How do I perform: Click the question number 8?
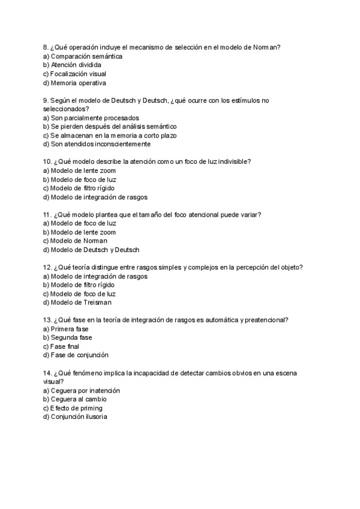(x=46, y=47)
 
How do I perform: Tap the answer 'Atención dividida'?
(x=76, y=65)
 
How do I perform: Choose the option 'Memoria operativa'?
(x=78, y=83)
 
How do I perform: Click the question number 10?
(x=48, y=162)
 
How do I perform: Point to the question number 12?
(x=48, y=268)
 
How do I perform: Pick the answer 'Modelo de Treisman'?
(x=81, y=303)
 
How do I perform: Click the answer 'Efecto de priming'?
(x=76, y=408)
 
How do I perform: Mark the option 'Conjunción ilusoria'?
(x=79, y=417)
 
